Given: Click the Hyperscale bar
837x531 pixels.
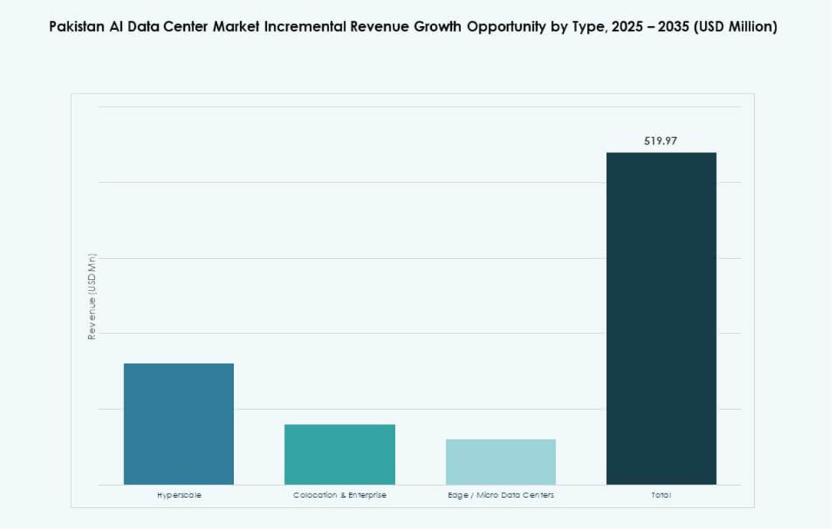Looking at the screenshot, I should point(179,424).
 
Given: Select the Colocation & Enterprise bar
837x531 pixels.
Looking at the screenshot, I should point(340,454).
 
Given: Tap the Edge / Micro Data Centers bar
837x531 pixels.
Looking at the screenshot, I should point(500,462).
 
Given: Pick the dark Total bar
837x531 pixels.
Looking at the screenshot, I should point(661,319).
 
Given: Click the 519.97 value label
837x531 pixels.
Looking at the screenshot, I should point(661,141).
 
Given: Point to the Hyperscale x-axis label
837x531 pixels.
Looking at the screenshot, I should point(179,496).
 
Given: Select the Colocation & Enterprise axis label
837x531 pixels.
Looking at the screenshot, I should point(340,496).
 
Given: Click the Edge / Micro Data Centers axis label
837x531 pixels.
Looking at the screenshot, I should point(500,496).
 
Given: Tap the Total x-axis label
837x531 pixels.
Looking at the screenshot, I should point(661,496).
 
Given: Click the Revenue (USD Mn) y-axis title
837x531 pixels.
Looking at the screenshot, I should point(92,296).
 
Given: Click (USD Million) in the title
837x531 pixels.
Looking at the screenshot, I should point(736,27).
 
